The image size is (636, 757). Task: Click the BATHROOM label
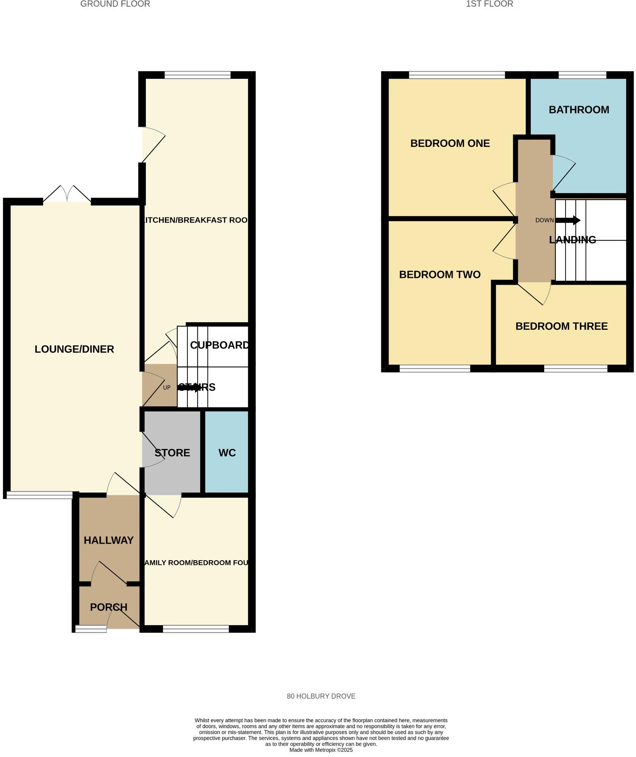(x=579, y=110)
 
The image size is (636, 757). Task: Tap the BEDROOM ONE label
(x=450, y=143)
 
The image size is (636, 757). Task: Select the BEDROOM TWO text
(x=439, y=274)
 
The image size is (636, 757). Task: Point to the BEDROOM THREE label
(x=561, y=326)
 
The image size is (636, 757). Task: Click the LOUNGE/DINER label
(x=74, y=349)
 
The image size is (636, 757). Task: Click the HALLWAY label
(x=108, y=540)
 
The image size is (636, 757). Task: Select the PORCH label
(x=108, y=607)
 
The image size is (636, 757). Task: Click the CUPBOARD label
(x=220, y=345)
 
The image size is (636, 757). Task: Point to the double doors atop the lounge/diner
(x=67, y=194)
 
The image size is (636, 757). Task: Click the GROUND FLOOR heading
(x=115, y=4)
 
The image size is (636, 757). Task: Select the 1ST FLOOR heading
(x=489, y=4)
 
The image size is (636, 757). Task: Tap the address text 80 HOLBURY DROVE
(x=321, y=696)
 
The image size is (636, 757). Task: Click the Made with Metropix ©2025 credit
(x=321, y=750)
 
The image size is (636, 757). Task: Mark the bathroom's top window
(x=582, y=75)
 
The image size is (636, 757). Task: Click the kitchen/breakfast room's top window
(x=197, y=75)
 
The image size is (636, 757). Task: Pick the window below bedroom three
(x=575, y=369)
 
